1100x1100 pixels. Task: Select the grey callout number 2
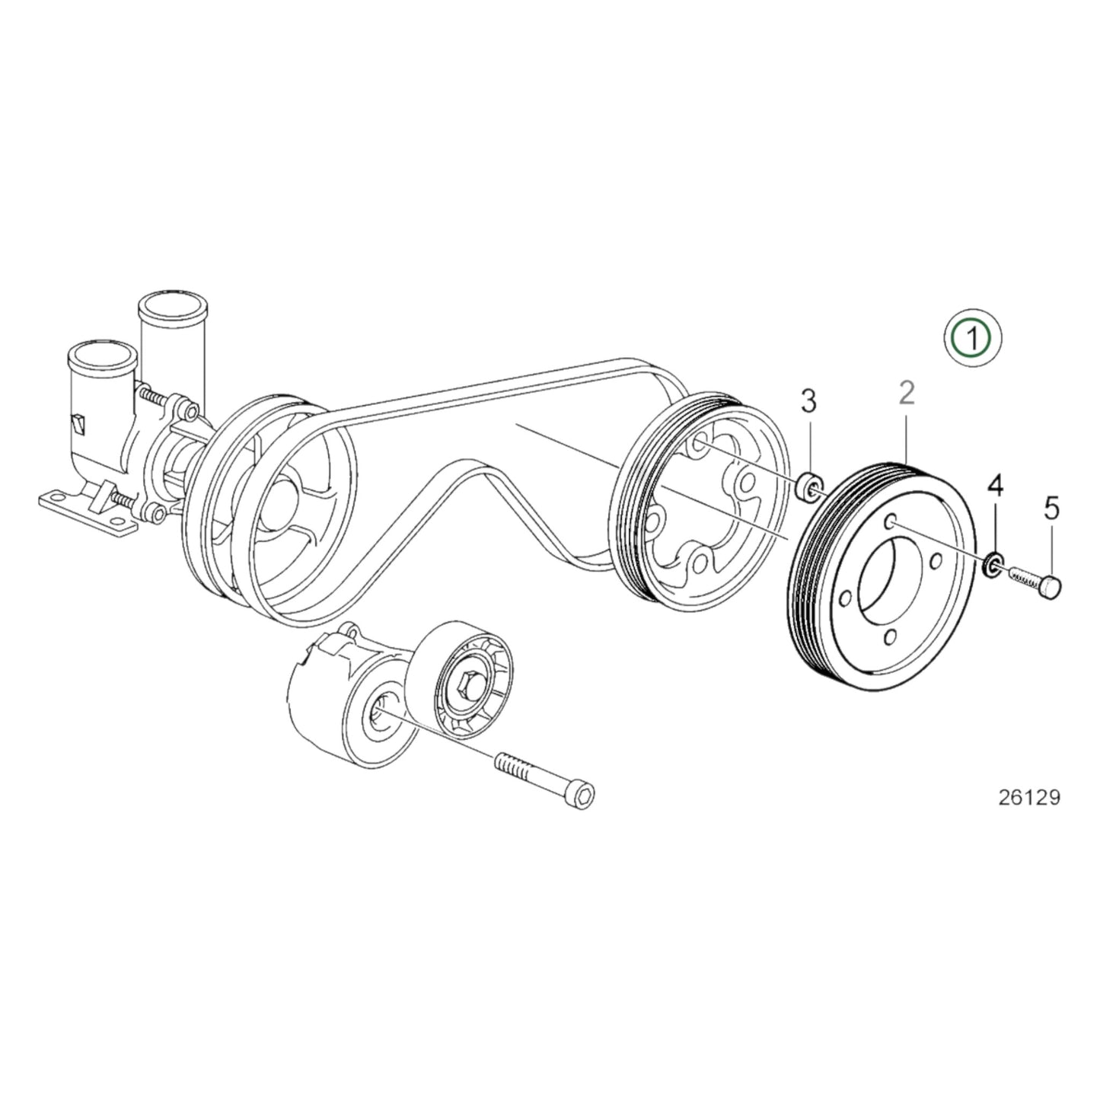906,394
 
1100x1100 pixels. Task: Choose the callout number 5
1051,509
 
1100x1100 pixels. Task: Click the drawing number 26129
1028,797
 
